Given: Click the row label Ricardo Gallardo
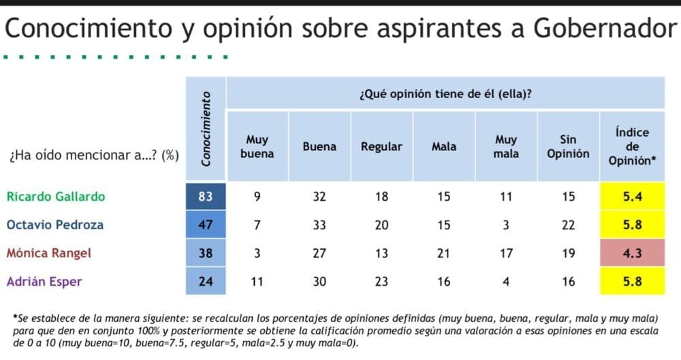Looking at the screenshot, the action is [x=56, y=197].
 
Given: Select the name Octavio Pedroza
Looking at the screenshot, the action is [x=55, y=225].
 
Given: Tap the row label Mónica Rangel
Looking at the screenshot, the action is [x=49, y=253].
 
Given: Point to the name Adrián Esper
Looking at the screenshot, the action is [x=44, y=282].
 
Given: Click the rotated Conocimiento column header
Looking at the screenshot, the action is [x=206, y=129].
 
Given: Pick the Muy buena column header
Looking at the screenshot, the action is [x=257, y=146].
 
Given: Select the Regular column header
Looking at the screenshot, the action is [x=381, y=147].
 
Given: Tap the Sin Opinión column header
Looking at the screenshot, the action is [x=568, y=146].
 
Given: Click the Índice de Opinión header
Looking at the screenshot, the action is [x=632, y=146].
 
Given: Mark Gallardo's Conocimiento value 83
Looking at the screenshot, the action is [x=206, y=197].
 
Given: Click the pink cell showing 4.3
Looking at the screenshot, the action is [x=633, y=253].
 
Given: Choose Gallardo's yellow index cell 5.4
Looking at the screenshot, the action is [x=633, y=197].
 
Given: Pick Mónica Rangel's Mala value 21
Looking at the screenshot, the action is [x=443, y=253].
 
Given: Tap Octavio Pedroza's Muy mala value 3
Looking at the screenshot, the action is [x=506, y=225].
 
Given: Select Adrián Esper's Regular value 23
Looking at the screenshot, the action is [x=381, y=282].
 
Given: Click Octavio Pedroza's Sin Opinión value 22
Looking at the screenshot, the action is [x=568, y=225].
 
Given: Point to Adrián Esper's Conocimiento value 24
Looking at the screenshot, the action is [x=206, y=282].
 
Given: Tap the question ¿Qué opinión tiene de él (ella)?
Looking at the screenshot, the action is [x=445, y=94].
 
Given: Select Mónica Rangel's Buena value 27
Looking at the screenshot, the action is [x=319, y=253].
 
